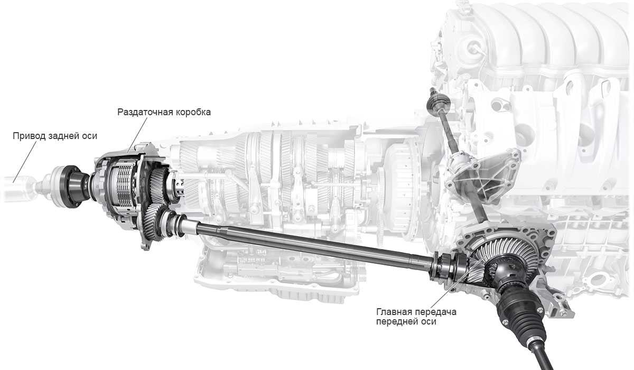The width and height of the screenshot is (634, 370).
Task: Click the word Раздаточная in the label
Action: tap(145, 112)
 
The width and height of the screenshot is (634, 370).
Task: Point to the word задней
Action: tap(63, 136)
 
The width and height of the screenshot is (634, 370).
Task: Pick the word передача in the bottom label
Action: tap(435, 312)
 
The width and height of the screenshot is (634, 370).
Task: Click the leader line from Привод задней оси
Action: tap(25, 161)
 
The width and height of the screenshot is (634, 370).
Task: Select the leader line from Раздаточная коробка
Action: tap(137, 135)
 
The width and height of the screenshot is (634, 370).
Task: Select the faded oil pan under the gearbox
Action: tap(277, 271)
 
